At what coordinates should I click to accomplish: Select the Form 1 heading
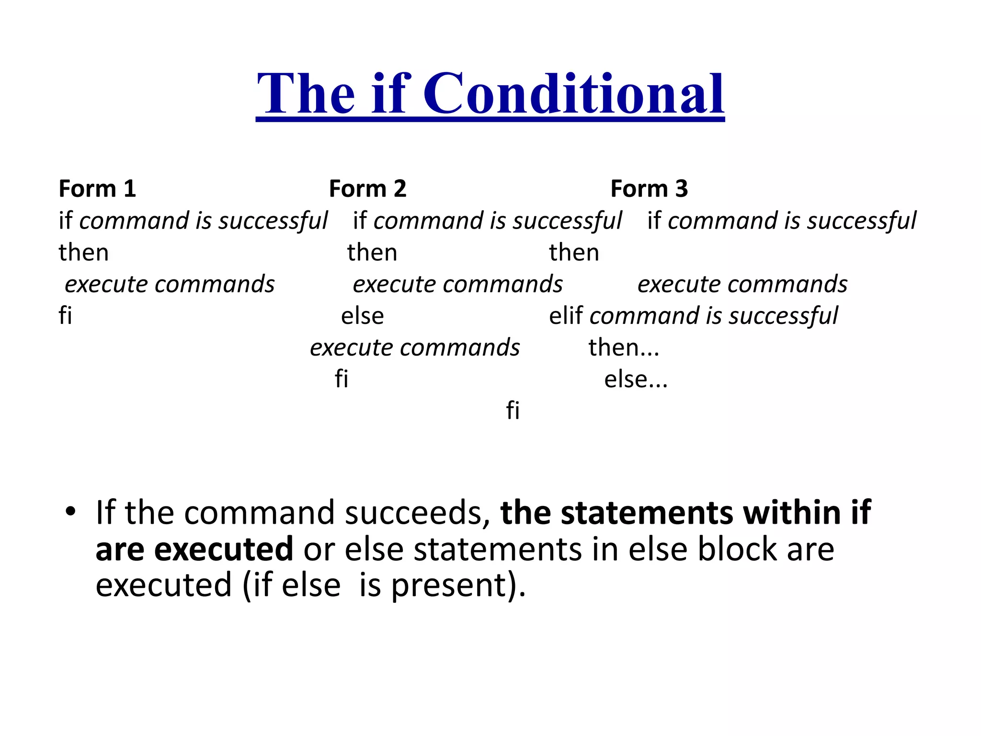tap(97, 188)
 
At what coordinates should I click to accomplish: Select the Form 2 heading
tap(367, 188)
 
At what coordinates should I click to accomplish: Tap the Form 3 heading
tap(649, 188)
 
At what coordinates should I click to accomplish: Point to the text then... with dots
tap(624, 347)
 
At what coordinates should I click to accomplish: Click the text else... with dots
tap(636, 379)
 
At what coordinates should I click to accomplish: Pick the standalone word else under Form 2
tap(362, 316)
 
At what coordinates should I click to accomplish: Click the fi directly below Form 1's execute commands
tap(65, 316)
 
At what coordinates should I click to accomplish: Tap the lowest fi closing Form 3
tap(513, 411)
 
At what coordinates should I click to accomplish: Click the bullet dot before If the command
tap(71, 511)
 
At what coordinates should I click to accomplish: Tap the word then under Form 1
tap(84, 253)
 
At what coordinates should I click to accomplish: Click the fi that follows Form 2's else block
tap(341, 379)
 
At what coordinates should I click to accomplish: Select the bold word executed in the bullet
tap(223, 550)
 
